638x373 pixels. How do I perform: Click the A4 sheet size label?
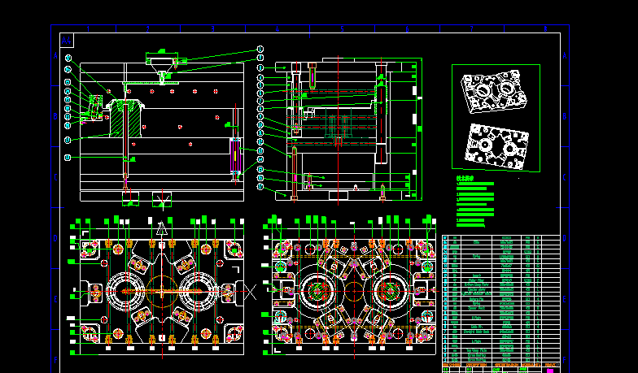tap(67, 40)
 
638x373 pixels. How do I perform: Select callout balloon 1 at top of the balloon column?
tap(260, 49)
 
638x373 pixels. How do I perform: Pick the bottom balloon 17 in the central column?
tap(260, 187)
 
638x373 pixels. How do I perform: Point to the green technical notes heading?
tap(465, 177)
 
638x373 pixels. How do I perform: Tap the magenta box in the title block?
tap(550, 371)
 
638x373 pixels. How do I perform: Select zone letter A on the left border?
tap(56, 55)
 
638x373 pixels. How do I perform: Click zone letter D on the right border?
tap(565, 239)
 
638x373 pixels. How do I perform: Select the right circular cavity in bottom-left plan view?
tap(198, 290)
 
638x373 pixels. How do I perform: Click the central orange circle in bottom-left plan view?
tap(161, 290)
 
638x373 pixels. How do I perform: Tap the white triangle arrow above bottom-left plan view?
tap(162, 228)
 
